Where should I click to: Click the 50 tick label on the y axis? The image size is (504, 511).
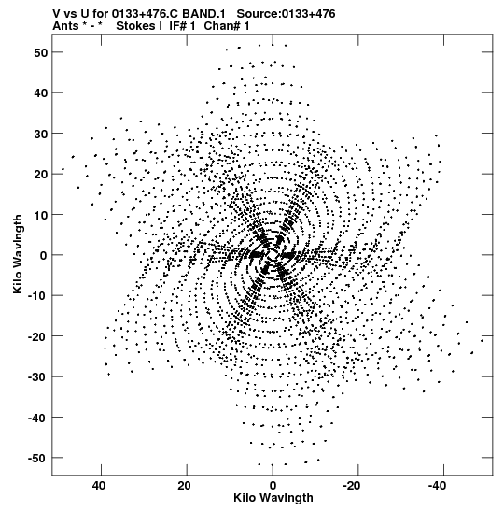click(x=40, y=52)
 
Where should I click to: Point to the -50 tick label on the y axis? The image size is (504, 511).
click(x=37, y=458)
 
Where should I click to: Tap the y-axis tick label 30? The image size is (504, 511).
click(x=40, y=134)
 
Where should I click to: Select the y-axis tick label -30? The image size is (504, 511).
click(x=37, y=377)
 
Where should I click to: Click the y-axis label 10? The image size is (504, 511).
click(x=40, y=215)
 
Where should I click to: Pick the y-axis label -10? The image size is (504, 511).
click(x=37, y=296)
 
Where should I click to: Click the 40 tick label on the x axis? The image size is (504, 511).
click(x=99, y=486)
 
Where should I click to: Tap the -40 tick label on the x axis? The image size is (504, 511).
click(x=437, y=486)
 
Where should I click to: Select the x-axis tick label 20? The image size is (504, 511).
click(x=184, y=486)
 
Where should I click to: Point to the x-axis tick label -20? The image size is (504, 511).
click(x=351, y=486)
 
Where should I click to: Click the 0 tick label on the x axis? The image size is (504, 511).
click(x=273, y=486)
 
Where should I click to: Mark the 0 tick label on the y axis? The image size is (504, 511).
click(x=44, y=256)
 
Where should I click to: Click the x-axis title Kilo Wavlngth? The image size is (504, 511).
click(x=273, y=498)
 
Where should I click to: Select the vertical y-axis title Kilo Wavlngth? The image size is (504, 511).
click(x=19, y=254)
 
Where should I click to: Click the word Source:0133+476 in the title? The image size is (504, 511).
click(x=286, y=14)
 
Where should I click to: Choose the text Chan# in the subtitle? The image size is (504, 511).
click(x=223, y=26)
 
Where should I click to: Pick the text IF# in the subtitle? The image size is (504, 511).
click(x=178, y=26)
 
